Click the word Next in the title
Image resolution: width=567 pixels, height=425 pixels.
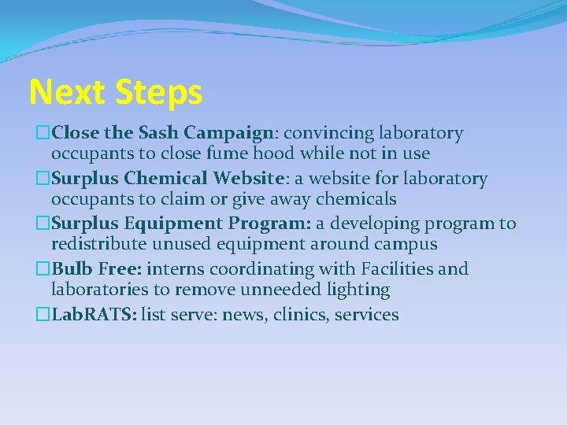coord(68,92)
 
